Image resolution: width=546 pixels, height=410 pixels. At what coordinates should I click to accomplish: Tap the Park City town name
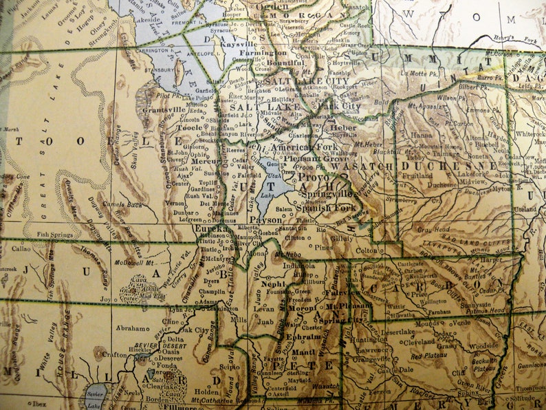[338, 107]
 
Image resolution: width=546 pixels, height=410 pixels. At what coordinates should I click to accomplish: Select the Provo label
[314, 177]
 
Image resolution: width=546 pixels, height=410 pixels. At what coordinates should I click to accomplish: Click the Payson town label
[265, 219]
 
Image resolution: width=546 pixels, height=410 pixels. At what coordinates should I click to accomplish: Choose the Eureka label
[212, 228]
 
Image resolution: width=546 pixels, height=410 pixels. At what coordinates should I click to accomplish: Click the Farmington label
[265, 52]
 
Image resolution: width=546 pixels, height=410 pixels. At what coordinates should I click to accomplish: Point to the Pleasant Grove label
[307, 158]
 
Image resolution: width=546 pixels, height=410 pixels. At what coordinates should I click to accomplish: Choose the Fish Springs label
[55, 234]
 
